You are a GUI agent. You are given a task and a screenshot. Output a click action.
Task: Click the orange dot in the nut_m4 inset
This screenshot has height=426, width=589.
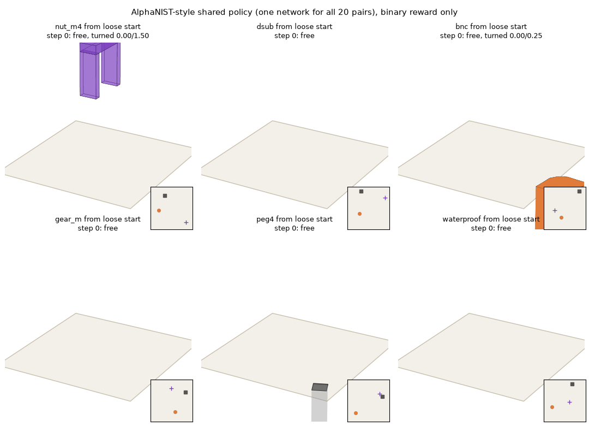(x=159, y=210)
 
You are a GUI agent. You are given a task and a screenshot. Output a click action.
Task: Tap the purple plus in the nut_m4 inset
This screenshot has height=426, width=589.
(x=186, y=222)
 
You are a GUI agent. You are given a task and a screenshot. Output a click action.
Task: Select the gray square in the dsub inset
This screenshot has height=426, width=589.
(x=361, y=191)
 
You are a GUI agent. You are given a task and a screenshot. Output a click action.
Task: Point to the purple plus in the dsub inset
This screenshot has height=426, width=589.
(x=385, y=198)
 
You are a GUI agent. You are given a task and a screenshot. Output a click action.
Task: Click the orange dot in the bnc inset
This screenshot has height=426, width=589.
(x=561, y=217)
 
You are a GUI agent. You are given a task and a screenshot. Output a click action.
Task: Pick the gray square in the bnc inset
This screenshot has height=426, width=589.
(x=579, y=191)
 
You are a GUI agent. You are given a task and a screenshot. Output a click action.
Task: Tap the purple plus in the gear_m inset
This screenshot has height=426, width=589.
(x=171, y=388)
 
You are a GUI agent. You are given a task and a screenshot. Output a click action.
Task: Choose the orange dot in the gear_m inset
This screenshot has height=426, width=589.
(x=175, y=412)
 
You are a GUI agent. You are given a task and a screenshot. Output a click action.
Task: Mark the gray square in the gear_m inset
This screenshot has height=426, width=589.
(x=185, y=392)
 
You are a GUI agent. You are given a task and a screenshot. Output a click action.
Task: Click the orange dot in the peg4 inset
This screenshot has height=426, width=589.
(x=356, y=413)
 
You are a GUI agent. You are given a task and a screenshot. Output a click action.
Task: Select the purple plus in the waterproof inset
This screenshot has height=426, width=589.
(x=569, y=403)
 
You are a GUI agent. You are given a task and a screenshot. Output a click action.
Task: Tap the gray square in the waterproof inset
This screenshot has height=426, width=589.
(x=572, y=384)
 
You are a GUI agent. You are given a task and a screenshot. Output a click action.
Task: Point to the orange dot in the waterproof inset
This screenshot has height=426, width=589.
(x=552, y=407)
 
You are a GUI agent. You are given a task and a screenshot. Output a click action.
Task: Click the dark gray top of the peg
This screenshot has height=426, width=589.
(x=320, y=387)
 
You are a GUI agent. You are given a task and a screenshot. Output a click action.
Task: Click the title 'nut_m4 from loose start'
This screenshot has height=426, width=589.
(x=98, y=26)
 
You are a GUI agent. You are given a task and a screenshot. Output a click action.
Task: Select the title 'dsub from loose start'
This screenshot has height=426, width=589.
(x=294, y=26)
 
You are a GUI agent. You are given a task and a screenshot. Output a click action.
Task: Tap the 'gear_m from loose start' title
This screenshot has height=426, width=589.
(x=98, y=219)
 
